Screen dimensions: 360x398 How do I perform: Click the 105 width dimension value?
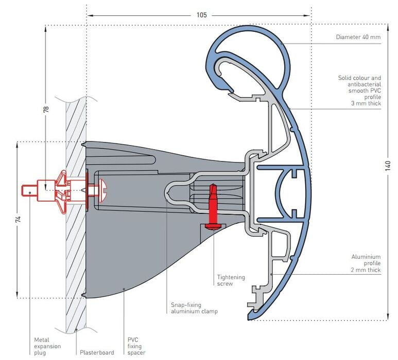click(202, 15)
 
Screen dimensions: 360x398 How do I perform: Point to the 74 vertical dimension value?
click(18, 219)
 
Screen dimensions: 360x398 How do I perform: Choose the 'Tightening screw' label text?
click(231, 280)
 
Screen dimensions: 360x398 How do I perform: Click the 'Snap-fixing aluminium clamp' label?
click(194, 308)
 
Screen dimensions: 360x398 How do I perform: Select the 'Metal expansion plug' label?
click(47, 346)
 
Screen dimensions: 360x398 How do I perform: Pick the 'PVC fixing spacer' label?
click(135, 346)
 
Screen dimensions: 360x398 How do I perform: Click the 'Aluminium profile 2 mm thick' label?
click(366, 263)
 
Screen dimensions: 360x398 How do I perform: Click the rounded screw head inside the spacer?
click(100, 190)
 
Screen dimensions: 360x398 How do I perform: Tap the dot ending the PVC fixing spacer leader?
click(124, 289)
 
